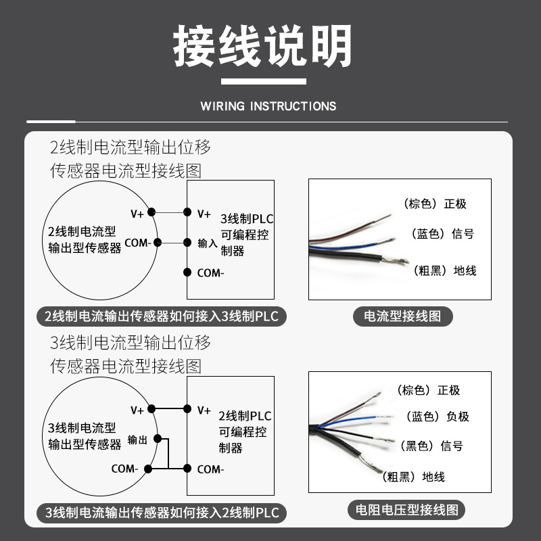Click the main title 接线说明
click(262, 45)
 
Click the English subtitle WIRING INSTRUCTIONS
click(268, 106)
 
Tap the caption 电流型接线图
click(402, 316)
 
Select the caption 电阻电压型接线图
click(407, 510)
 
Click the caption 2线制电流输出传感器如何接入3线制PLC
click(162, 316)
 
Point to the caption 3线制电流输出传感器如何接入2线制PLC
click(162, 513)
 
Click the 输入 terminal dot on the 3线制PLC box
click(187, 243)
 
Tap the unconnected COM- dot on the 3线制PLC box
click(187, 273)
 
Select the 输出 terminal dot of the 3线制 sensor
click(158, 438)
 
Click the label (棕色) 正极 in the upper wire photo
click(435, 204)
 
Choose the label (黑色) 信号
click(431, 446)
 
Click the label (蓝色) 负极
click(438, 417)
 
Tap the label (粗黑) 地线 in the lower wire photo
click(413, 477)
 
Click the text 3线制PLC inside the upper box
click(247, 218)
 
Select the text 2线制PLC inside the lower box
click(245, 416)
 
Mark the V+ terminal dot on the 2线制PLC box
click(187, 409)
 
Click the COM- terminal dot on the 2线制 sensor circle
click(158, 243)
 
